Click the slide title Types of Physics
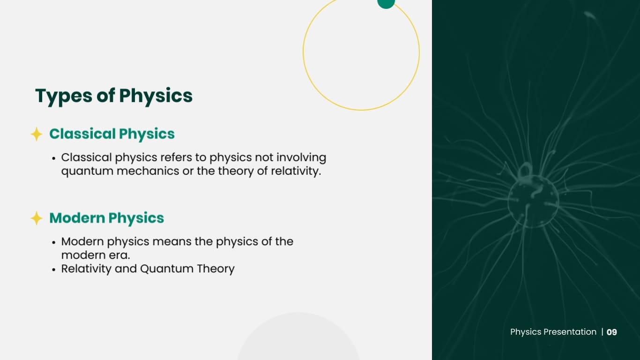point(114,96)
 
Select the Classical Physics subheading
point(112,134)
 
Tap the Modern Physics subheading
point(107,218)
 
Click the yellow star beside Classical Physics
point(37,135)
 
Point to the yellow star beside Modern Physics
point(37,218)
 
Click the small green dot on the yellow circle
point(386,2)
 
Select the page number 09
point(611,332)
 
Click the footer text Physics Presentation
point(553,332)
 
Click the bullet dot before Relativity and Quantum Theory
point(54,270)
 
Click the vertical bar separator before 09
point(602,332)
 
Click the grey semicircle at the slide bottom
point(298,340)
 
